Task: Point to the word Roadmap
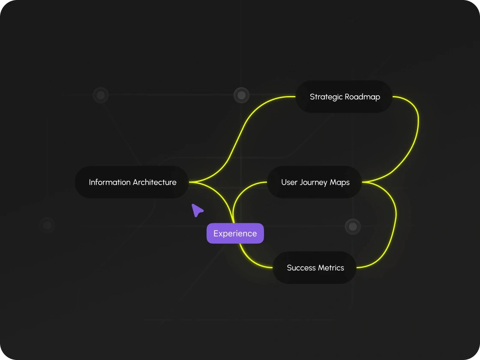[363, 97]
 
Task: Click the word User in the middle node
[289, 182]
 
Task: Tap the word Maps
[340, 183]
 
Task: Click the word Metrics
[331, 268]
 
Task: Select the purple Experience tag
[235, 234]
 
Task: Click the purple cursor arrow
[197, 210]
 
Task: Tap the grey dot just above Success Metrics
[353, 226]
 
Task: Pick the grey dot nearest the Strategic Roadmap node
[241, 95]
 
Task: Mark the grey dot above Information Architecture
[101, 95]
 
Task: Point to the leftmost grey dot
[47, 225]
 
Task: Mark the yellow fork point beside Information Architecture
[192, 183]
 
